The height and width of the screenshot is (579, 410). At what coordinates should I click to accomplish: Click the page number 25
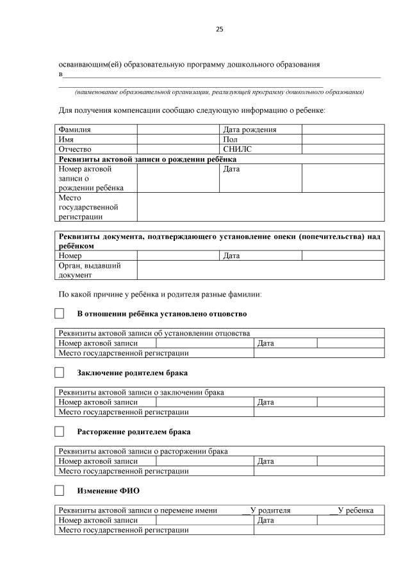click(x=219, y=29)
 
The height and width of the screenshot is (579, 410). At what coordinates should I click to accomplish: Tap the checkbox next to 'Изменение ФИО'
click(x=60, y=491)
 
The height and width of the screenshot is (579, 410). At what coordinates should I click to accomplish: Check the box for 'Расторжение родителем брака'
click(x=60, y=432)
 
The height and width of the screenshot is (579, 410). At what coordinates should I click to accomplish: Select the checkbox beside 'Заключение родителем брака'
click(x=60, y=373)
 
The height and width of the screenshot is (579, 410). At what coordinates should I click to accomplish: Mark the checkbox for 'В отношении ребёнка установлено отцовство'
click(x=60, y=314)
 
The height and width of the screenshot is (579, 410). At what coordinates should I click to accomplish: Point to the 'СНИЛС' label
click(x=236, y=149)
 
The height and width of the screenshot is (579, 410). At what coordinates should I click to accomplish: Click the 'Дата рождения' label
click(x=250, y=129)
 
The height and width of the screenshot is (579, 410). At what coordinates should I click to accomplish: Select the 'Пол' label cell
click(x=231, y=139)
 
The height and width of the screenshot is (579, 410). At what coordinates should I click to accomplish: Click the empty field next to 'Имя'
click(x=178, y=139)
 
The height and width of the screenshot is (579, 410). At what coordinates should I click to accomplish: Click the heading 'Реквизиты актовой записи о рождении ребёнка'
click(x=147, y=159)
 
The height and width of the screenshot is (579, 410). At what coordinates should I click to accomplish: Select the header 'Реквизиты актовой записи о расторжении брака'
click(x=143, y=451)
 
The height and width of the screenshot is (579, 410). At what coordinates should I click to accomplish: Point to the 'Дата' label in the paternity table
click(x=266, y=343)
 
